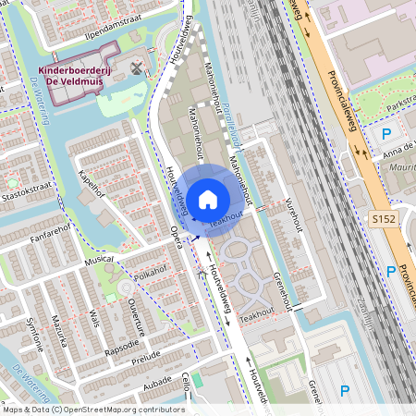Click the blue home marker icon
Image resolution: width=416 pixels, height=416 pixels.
[208, 198]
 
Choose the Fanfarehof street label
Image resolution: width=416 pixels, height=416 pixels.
[51, 224]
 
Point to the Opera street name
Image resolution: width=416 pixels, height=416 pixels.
[176, 240]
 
